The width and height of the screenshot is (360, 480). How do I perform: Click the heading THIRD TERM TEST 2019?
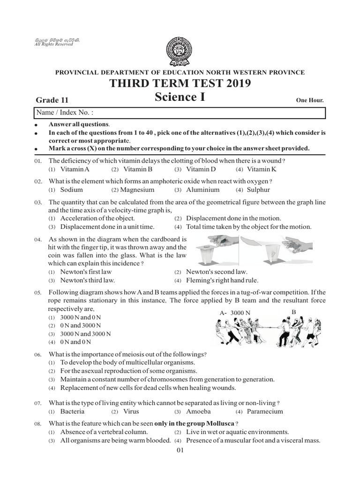pos(180,84)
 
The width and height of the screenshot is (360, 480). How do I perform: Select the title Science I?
pos(180,97)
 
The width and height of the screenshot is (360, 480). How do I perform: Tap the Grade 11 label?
pos(52,100)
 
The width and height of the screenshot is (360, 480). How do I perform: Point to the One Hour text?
pos(310,100)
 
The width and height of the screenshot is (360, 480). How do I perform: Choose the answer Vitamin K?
pos(262,169)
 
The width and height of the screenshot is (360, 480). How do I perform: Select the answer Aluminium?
pos(202,190)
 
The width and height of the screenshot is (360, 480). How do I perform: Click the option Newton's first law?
pos(86,271)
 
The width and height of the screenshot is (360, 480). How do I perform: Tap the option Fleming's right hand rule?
pos(222,280)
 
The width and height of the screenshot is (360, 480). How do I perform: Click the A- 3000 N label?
pos(235,312)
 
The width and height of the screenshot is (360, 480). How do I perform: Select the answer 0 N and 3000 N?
pos(80,325)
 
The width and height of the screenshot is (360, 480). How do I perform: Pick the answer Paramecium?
pos(265,411)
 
